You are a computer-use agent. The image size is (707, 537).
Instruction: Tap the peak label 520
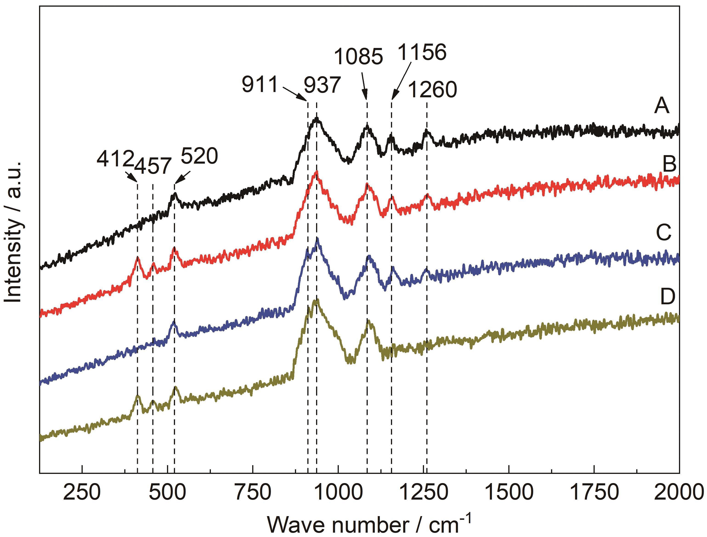tap(199, 156)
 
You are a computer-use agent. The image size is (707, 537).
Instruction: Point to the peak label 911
tap(260, 85)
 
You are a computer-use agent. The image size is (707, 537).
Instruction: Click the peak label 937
tap(322, 85)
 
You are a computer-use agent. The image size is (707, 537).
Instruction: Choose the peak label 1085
tap(358, 57)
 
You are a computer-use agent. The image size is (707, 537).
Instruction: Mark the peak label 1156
tap(422, 52)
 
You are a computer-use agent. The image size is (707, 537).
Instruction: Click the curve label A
tap(662, 106)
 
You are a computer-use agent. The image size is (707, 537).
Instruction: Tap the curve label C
tap(664, 233)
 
